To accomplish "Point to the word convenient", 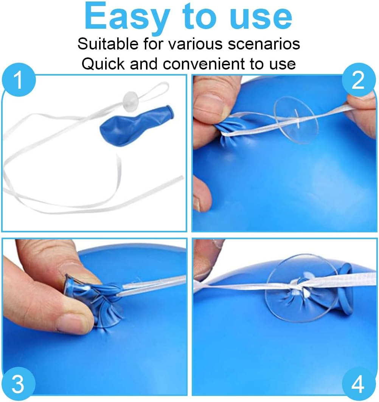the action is coord(204,64).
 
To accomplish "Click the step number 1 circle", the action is coord(19,80).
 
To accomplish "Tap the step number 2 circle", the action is coord(359,80).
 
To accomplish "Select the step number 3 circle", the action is coord(18,384).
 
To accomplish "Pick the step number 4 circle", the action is coord(359,384).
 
